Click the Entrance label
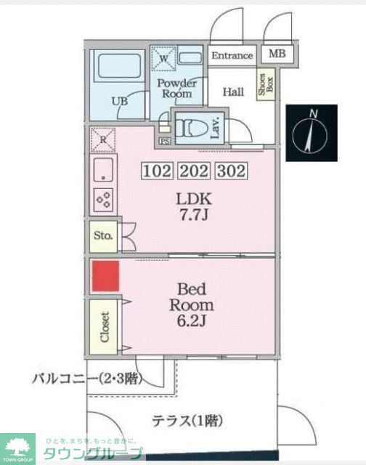click(x=232, y=55)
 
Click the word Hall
click(x=232, y=92)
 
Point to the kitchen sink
click(x=103, y=169)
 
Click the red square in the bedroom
click(x=105, y=276)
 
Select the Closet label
click(x=104, y=326)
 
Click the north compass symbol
click(x=312, y=133)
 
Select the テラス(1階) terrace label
click(x=187, y=420)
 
